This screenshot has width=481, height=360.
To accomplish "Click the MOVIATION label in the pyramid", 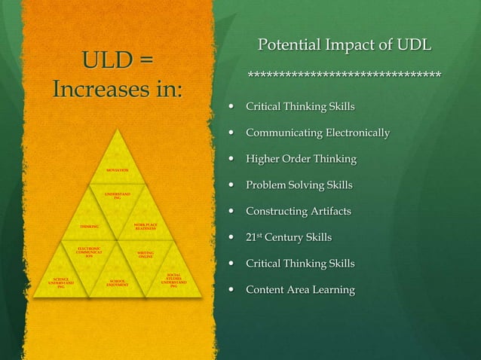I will [117, 171].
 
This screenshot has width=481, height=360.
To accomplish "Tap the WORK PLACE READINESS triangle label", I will [146, 226].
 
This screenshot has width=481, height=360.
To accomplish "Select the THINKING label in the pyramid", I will [90, 226].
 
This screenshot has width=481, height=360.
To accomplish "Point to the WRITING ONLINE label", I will [146, 255].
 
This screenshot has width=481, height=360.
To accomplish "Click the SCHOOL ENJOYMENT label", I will [117, 284].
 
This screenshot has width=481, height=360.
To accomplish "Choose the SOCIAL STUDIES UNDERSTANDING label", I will [173, 280].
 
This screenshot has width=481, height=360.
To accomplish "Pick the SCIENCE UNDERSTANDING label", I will [61, 282].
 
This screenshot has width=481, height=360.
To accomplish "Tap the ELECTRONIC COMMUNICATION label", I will [89, 252].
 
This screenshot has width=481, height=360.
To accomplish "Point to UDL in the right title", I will [414, 45].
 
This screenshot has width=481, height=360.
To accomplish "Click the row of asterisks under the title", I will [345, 75].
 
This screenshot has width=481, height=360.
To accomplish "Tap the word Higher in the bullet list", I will [265, 159].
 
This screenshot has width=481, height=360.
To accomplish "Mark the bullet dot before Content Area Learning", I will [231, 290].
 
